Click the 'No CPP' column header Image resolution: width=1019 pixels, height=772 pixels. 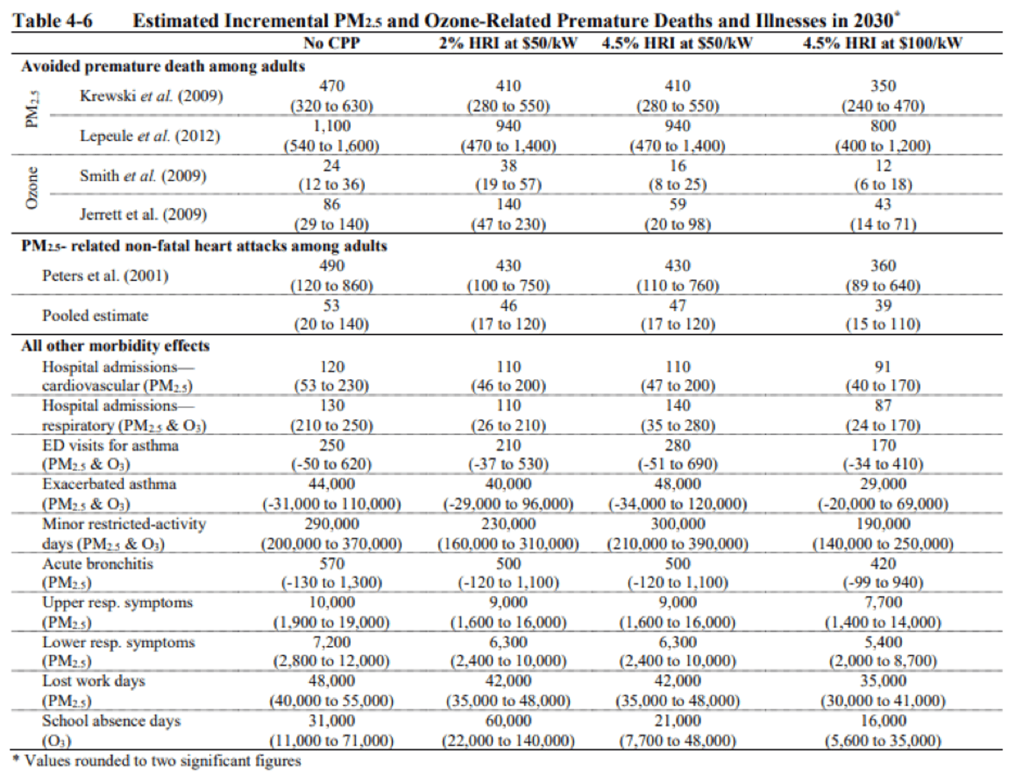(331, 43)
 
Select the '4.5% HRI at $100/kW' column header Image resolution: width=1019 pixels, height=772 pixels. (882, 43)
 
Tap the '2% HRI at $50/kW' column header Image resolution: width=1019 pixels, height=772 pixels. (508, 43)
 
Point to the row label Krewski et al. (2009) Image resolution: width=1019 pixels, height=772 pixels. (151, 96)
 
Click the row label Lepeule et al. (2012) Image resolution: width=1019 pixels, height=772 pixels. (149, 136)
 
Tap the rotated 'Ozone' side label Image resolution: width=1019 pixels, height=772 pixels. (32, 188)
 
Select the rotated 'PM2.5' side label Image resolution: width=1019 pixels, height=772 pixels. (32, 109)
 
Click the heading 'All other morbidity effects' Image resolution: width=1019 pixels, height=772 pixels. (115, 345)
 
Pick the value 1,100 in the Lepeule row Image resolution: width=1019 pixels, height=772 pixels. (331, 126)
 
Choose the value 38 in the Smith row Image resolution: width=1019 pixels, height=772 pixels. (508, 166)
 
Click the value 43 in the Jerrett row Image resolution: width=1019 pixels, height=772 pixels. (883, 204)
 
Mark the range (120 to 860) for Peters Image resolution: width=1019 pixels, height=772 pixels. (331, 286)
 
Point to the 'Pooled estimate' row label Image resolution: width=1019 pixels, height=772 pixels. (95, 315)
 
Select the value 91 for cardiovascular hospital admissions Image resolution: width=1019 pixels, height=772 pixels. (883, 367)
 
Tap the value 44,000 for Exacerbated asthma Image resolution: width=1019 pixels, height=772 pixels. (331, 484)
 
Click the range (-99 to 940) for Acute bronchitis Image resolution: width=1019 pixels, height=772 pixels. (883, 583)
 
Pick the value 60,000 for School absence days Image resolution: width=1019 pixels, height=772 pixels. (508, 720)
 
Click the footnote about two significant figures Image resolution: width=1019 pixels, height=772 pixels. (157, 761)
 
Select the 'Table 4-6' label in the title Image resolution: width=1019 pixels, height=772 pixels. (52, 21)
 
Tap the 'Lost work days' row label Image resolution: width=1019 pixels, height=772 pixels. (94, 681)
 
